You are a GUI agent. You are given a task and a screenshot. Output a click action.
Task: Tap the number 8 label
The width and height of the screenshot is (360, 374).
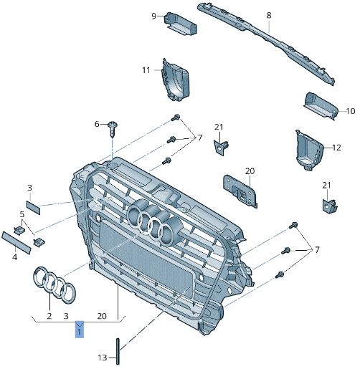point(268,15)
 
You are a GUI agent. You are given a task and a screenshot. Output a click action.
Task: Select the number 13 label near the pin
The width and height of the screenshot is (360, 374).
point(102,357)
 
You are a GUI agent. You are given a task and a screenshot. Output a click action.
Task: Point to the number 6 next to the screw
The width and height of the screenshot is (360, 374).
point(97,125)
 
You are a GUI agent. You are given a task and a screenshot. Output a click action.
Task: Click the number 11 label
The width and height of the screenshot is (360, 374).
point(146,70)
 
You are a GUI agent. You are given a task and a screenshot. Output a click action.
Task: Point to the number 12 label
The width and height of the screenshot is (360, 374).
point(336,148)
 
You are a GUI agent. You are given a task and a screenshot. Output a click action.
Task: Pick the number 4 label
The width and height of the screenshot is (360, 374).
point(14,257)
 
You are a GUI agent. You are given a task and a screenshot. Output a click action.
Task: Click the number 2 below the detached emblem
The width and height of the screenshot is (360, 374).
point(49,315)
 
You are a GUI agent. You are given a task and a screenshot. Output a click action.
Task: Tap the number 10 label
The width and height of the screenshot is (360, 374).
point(350,111)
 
